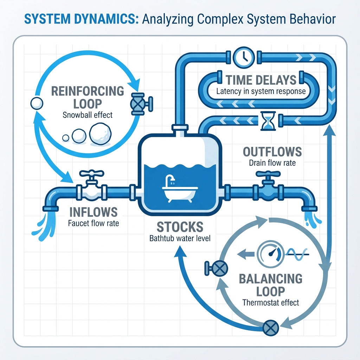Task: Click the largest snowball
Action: [x=100, y=134]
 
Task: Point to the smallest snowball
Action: [x=66, y=138]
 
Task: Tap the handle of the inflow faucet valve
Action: [x=91, y=174]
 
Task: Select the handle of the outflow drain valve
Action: [x=268, y=174]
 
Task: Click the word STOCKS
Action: [x=180, y=227]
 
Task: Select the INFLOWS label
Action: [x=93, y=212]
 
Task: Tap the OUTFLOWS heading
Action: [x=272, y=152]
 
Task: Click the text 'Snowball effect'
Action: [x=87, y=115]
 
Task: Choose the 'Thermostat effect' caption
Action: [x=271, y=303]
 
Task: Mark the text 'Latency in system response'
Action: [x=261, y=92]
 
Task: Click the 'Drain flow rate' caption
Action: [x=272, y=163]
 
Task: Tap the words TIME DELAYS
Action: [x=261, y=80]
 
